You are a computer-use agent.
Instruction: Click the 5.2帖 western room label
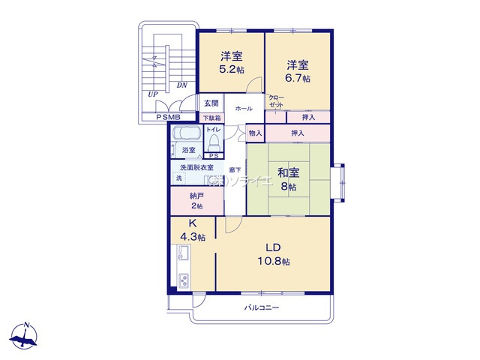230,62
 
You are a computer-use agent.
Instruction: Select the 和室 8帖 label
289,179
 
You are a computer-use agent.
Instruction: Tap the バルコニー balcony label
260,308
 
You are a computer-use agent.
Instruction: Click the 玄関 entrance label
211,103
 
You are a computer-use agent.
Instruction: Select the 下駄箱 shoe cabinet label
211,118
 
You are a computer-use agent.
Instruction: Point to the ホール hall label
243,109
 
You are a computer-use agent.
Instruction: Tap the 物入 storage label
255,133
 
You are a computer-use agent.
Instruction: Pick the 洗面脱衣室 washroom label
196,167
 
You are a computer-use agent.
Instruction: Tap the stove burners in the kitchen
182,280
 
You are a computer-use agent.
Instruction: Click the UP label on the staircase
153,94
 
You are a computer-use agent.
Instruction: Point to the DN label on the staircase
181,85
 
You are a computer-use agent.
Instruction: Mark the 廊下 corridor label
235,170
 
